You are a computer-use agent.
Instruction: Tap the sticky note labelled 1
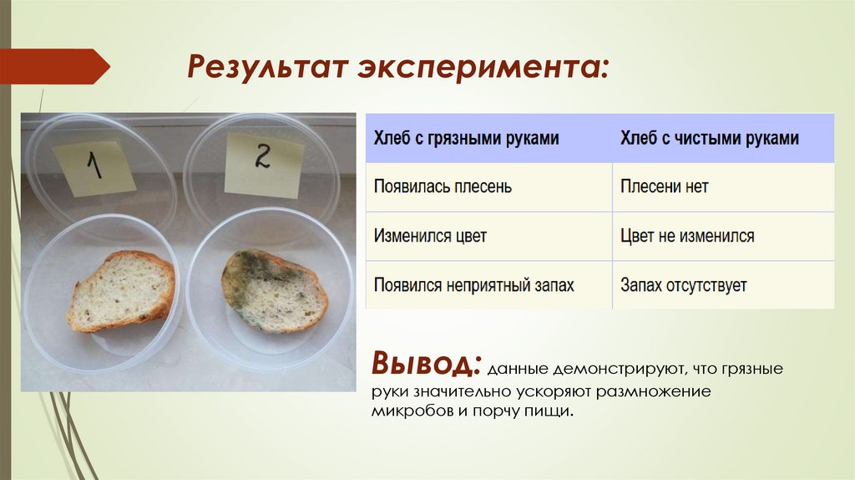(94, 164)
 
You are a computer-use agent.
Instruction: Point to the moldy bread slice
(274, 290)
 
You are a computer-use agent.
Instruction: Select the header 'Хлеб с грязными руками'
(466, 138)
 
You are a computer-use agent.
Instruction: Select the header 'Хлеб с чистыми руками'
(709, 138)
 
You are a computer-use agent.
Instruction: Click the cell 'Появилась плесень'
(443, 186)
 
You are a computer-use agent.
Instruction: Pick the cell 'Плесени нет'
(664, 186)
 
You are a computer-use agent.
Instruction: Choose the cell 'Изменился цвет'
(430, 236)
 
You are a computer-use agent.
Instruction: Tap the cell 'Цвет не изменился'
(687, 236)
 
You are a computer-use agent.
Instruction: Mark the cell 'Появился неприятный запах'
(474, 285)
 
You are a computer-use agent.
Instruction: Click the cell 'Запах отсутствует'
(683, 285)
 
